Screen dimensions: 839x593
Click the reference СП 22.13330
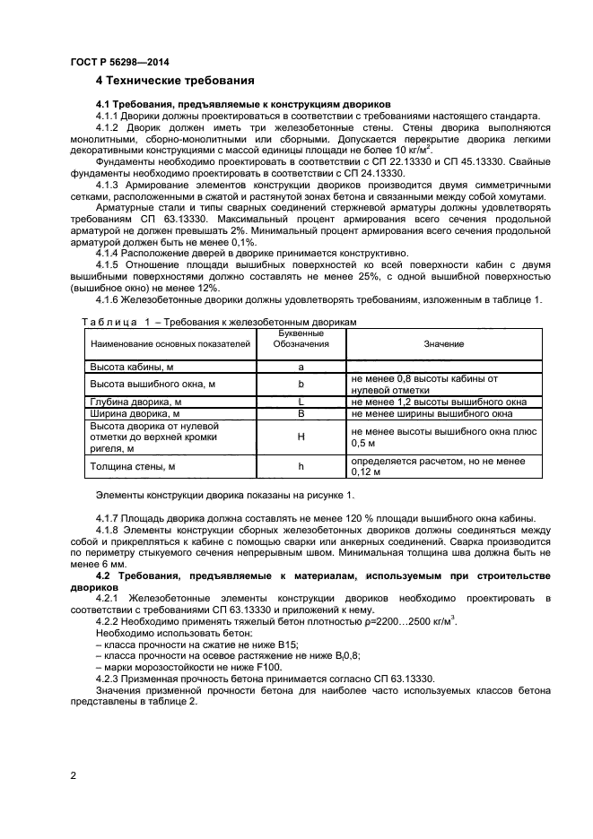(x=376, y=162)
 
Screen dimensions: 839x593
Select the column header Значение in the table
(x=443, y=343)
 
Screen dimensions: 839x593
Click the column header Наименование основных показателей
(x=168, y=343)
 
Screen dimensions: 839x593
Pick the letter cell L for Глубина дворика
(x=301, y=402)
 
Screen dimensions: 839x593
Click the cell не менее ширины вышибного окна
(x=432, y=414)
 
